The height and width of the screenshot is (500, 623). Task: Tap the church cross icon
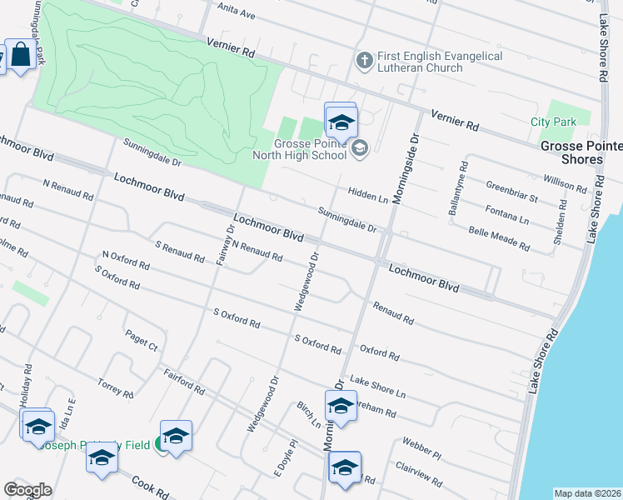point(363,61)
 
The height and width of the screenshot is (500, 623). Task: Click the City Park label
point(553,122)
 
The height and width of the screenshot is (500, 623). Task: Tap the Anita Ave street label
point(236,14)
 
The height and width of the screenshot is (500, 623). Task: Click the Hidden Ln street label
point(368,195)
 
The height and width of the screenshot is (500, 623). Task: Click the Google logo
point(28,490)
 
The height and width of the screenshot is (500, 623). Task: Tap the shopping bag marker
point(18,55)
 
